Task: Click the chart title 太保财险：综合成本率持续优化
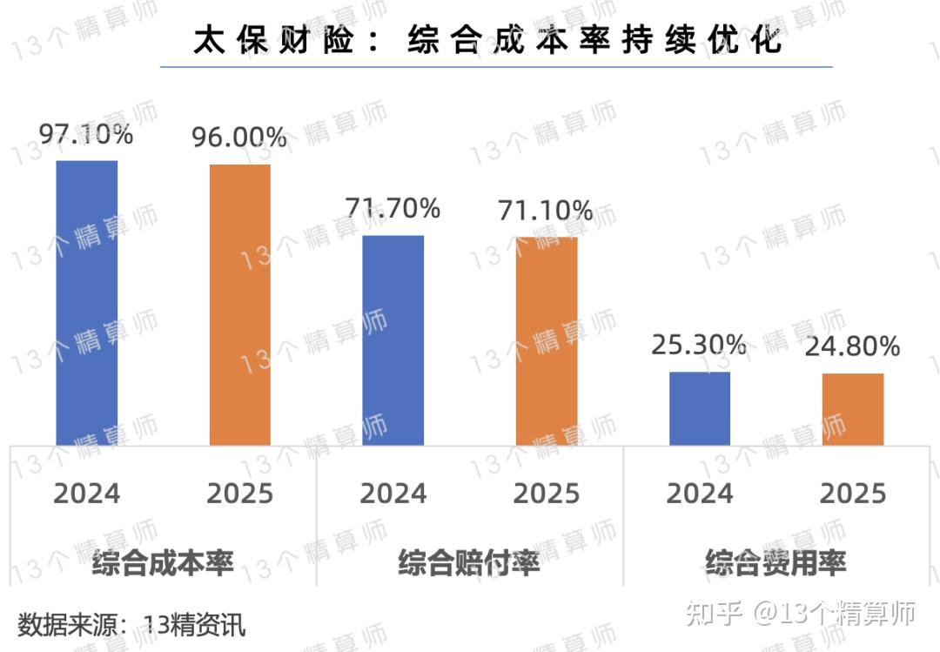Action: point(487,40)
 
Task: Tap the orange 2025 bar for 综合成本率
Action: point(240,305)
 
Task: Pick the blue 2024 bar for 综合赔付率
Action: point(393,340)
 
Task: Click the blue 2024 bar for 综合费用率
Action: point(700,408)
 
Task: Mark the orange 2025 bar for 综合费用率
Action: point(853,409)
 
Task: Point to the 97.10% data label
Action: point(86,135)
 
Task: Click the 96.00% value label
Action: point(239,138)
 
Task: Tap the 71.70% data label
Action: point(393,208)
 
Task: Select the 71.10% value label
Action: point(546,211)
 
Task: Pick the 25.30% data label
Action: point(699,345)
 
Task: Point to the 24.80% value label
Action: point(852,347)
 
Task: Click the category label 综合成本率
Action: point(163,562)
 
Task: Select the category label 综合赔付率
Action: point(469,562)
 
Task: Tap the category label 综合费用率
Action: point(775,562)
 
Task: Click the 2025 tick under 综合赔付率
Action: point(546,494)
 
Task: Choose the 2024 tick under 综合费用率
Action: point(699,494)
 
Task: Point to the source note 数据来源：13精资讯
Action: point(131,624)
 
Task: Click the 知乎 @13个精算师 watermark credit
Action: point(801,614)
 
